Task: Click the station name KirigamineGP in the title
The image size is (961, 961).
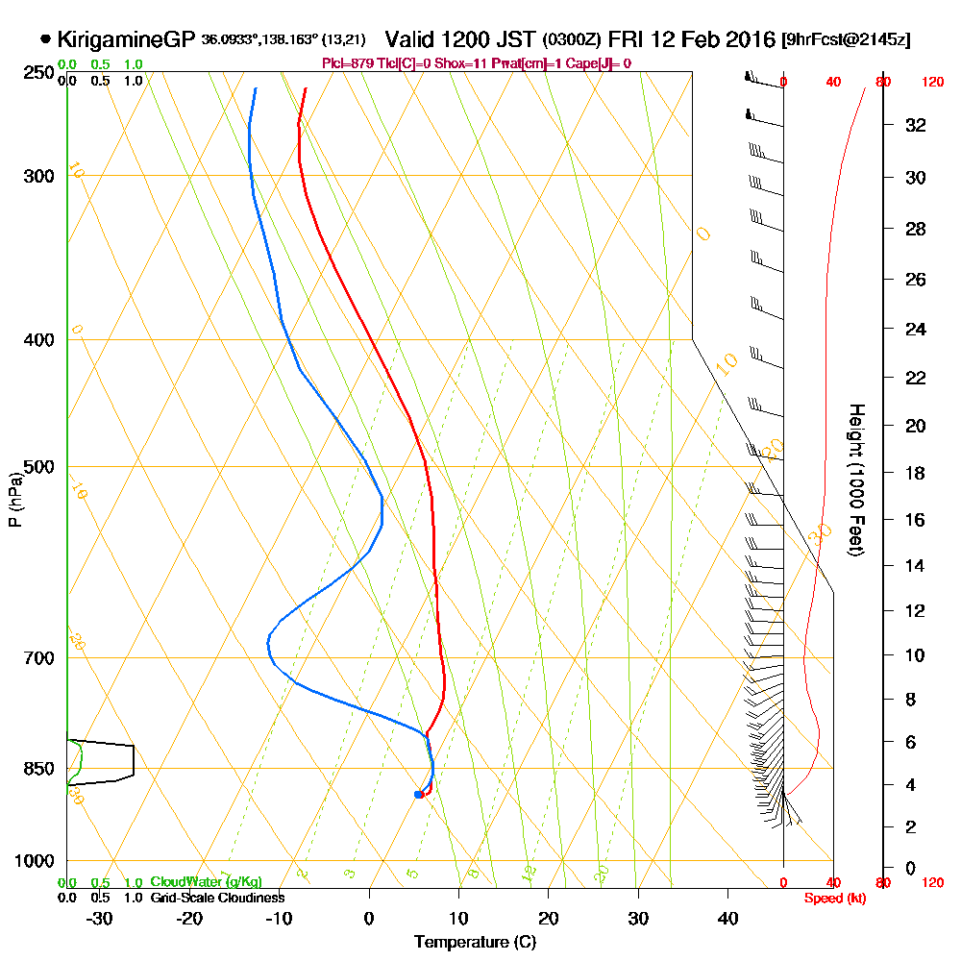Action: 127,39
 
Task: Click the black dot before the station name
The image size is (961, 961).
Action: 46,39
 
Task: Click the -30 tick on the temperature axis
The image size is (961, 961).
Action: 100,917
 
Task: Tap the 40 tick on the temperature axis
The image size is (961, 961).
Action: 727,917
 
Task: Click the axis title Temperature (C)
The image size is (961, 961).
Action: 475,942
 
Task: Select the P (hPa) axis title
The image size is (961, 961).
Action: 14,499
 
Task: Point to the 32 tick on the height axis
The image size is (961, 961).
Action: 916,125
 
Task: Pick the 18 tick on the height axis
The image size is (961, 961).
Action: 916,473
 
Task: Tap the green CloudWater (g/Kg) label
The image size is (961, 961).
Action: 206,881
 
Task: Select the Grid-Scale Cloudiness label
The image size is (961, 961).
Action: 217,897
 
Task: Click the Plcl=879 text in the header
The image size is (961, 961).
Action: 347,63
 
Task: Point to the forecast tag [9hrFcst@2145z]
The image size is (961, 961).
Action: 847,39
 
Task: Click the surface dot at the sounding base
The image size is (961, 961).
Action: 418,794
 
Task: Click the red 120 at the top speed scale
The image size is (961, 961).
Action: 932,83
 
